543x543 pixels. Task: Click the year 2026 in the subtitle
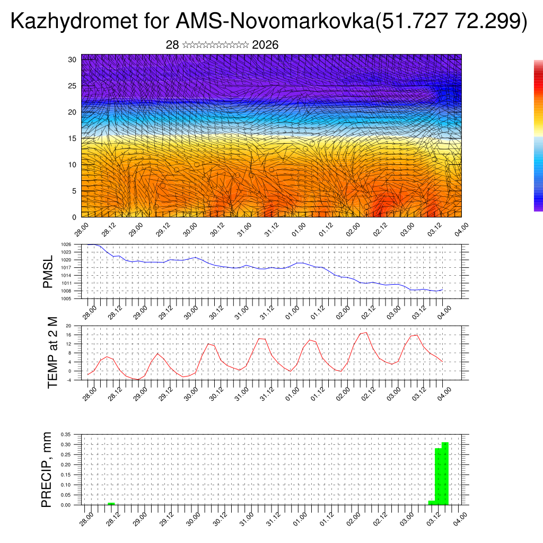pos(265,45)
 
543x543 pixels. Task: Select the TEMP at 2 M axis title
pos(52,352)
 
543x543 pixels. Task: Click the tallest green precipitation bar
pos(445,473)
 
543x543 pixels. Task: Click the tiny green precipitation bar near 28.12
pos(111,503)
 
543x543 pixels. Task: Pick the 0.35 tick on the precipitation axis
pos(66,434)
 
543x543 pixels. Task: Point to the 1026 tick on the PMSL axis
pos(66,244)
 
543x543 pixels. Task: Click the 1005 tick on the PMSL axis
pos(66,299)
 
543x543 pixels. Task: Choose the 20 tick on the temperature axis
pos(68,326)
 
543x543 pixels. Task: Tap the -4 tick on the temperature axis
pos(68,380)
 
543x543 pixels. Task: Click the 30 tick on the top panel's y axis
pos(72,59)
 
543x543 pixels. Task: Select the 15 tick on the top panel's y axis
pos(72,138)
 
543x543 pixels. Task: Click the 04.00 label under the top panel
pos(461,229)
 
